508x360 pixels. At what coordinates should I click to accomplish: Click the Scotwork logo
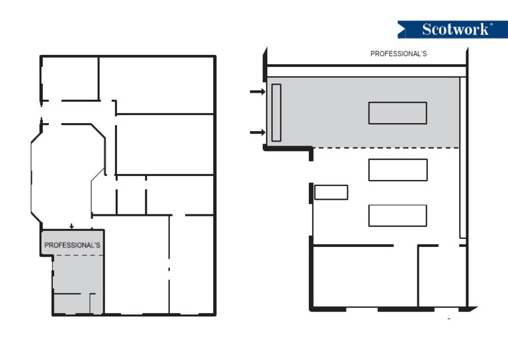(x=452, y=30)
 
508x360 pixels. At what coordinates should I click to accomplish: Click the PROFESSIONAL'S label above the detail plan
(x=398, y=54)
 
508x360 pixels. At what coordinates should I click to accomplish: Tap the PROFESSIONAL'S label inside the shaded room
(x=72, y=245)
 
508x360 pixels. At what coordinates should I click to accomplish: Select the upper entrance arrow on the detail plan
(x=257, y=92)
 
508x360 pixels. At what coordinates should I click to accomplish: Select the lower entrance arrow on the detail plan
(x=257, y=132)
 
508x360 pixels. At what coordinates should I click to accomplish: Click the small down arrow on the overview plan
(x=71, y=226)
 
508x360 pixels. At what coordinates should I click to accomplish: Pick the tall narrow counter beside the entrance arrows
(x=276, y=112)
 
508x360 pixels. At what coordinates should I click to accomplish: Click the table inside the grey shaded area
(x=398, y=113)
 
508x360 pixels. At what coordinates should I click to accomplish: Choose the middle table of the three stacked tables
(x=398, y=170)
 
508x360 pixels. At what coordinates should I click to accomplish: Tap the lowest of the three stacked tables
(x=398, y=216)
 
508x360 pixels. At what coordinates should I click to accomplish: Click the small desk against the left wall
(x=331, y=192)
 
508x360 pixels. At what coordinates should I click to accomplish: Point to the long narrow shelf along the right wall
(x=462, y=157)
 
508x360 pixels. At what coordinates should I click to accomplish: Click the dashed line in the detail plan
(x=386, y=148)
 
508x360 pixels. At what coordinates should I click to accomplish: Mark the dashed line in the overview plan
(x=78, y=255)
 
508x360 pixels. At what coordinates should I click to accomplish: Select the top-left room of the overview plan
(x=70, y=78)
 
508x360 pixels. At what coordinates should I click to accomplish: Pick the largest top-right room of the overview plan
(x=156, y=85)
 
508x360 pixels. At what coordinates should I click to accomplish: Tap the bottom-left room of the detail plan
(x=365, y=276)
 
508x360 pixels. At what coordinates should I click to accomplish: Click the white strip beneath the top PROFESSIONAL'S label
(x=366, y=71)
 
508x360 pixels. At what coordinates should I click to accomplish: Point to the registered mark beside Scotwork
(x=491, y=24)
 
